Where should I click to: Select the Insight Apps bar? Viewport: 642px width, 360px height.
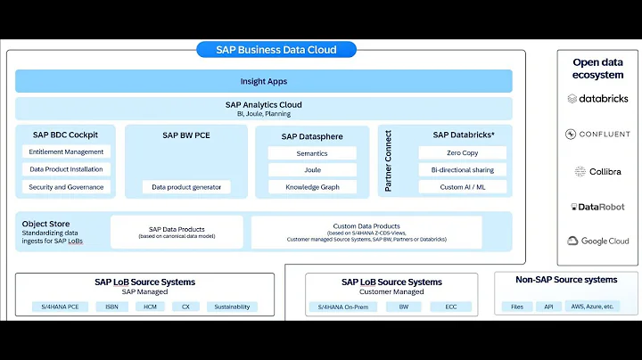click(263, 81)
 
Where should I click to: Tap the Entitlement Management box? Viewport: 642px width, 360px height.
click(66, 152)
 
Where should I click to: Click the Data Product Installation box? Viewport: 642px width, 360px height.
click(66, 169)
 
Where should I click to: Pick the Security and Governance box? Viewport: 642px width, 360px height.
click(66, 187)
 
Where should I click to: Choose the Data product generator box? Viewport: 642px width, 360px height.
click(186, 187)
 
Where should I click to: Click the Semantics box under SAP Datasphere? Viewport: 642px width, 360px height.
click(312, 153)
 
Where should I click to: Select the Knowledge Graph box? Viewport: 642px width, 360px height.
click(312, 187)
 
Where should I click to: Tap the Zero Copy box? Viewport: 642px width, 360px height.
click(462, 153)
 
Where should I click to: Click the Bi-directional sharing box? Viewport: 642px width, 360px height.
click(462, 169)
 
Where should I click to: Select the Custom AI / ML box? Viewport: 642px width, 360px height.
click(462, 187)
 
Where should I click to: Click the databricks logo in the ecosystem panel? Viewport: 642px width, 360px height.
click(597, 99)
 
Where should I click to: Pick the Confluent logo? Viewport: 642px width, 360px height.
click(597, 135)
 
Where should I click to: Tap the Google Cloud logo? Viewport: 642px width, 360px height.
click(597, 241)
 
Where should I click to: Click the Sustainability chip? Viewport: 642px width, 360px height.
click(232, 307)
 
